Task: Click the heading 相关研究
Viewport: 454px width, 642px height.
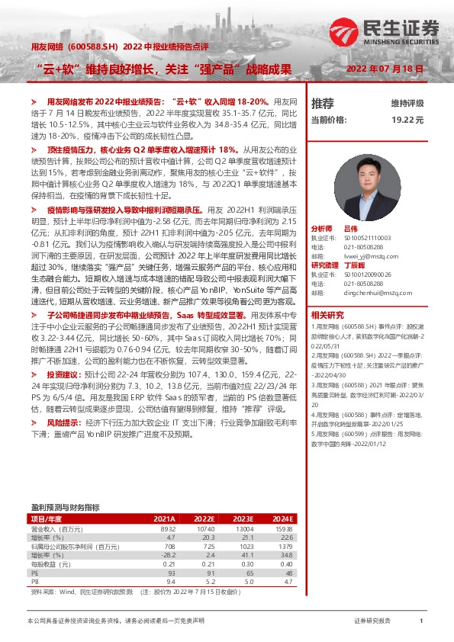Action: tap(327, 315)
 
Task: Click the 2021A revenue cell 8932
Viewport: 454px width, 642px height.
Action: tap(166, 528)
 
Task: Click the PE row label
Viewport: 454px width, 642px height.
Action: tap(34, 572)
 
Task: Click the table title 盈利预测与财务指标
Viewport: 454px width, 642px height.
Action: tap(65, 506)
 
